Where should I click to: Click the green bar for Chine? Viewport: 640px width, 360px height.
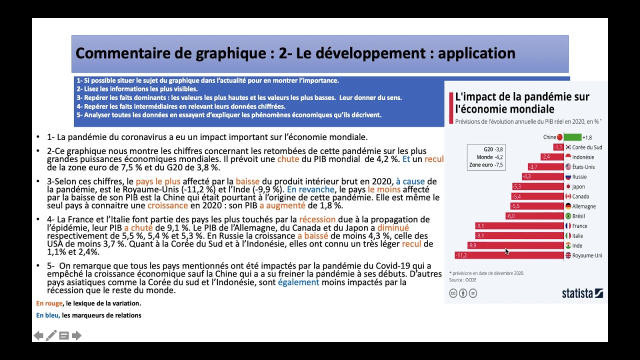pyautogui.click(x=572, y=137)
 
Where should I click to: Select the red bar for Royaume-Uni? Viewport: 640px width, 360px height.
pyautogui.click(x=509, y=255)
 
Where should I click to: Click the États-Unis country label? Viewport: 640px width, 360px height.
pyautogui.click(x=583, y=167)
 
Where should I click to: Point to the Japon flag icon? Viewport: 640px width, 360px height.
pyautogui.click(x=568, y=186)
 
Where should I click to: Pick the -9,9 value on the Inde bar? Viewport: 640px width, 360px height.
pyautogui.click(x=472, y=245)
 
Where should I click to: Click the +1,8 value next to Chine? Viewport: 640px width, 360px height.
pyautogui.click(x=587, y=137)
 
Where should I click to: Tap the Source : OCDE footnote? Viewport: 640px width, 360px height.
pyautogui.click(x=462, y=280)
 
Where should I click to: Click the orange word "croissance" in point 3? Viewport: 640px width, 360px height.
pyautogui.click(x=168, y=205)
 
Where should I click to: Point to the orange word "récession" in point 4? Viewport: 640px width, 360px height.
pyautogui.click(x=317, y=219)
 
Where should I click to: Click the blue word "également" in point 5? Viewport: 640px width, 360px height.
pyautogui.click(x=298, y=282)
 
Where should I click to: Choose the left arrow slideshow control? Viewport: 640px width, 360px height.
pyautogui.click(x=38, y=335)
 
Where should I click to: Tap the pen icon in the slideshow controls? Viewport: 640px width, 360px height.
pyautogui.click(x=51, y=335)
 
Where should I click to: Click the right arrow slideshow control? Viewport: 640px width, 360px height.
pyautogui.click(x=76, y=335)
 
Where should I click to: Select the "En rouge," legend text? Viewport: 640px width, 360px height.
pyautogui.click(x=49, y=303)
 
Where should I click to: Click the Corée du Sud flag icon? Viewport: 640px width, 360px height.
pyautogui.click(x=568, y=147)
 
